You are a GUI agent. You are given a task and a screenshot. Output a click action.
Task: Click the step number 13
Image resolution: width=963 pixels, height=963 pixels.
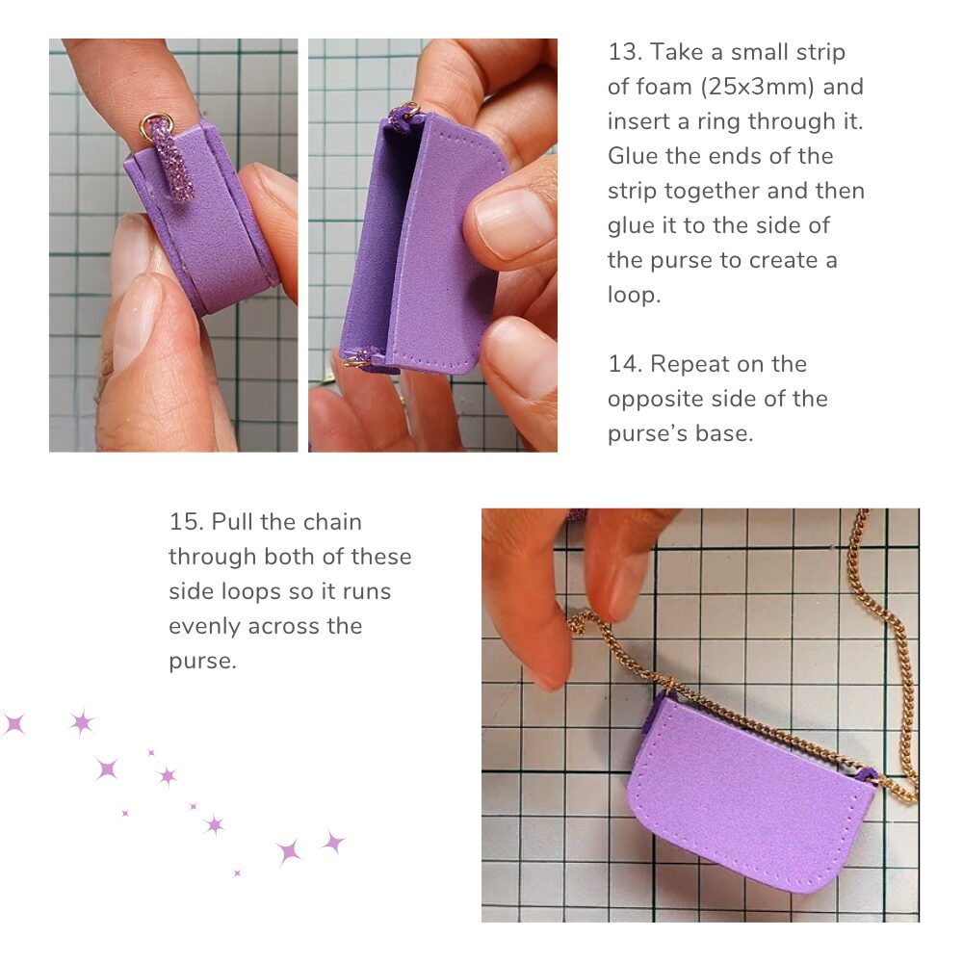click(x=625, y=52)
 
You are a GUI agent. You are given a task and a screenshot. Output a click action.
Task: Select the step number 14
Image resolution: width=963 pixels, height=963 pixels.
click(x=625, y=364)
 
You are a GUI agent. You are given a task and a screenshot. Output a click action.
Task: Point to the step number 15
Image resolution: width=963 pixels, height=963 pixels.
click(x=186, y=522)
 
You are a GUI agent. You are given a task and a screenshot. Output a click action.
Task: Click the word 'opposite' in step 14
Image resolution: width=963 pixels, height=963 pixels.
click(x=651, y=400)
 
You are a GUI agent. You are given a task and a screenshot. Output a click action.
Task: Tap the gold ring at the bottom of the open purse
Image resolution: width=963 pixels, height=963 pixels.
click(x=353, y=362)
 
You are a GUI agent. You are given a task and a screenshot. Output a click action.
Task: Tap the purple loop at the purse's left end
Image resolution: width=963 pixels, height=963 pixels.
click(x=656, y=713)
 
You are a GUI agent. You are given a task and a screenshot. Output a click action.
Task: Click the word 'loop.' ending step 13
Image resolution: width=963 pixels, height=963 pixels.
click(x=634, y=296)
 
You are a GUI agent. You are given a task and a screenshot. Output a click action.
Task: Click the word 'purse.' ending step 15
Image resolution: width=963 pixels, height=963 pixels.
click(x=202, y=663)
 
